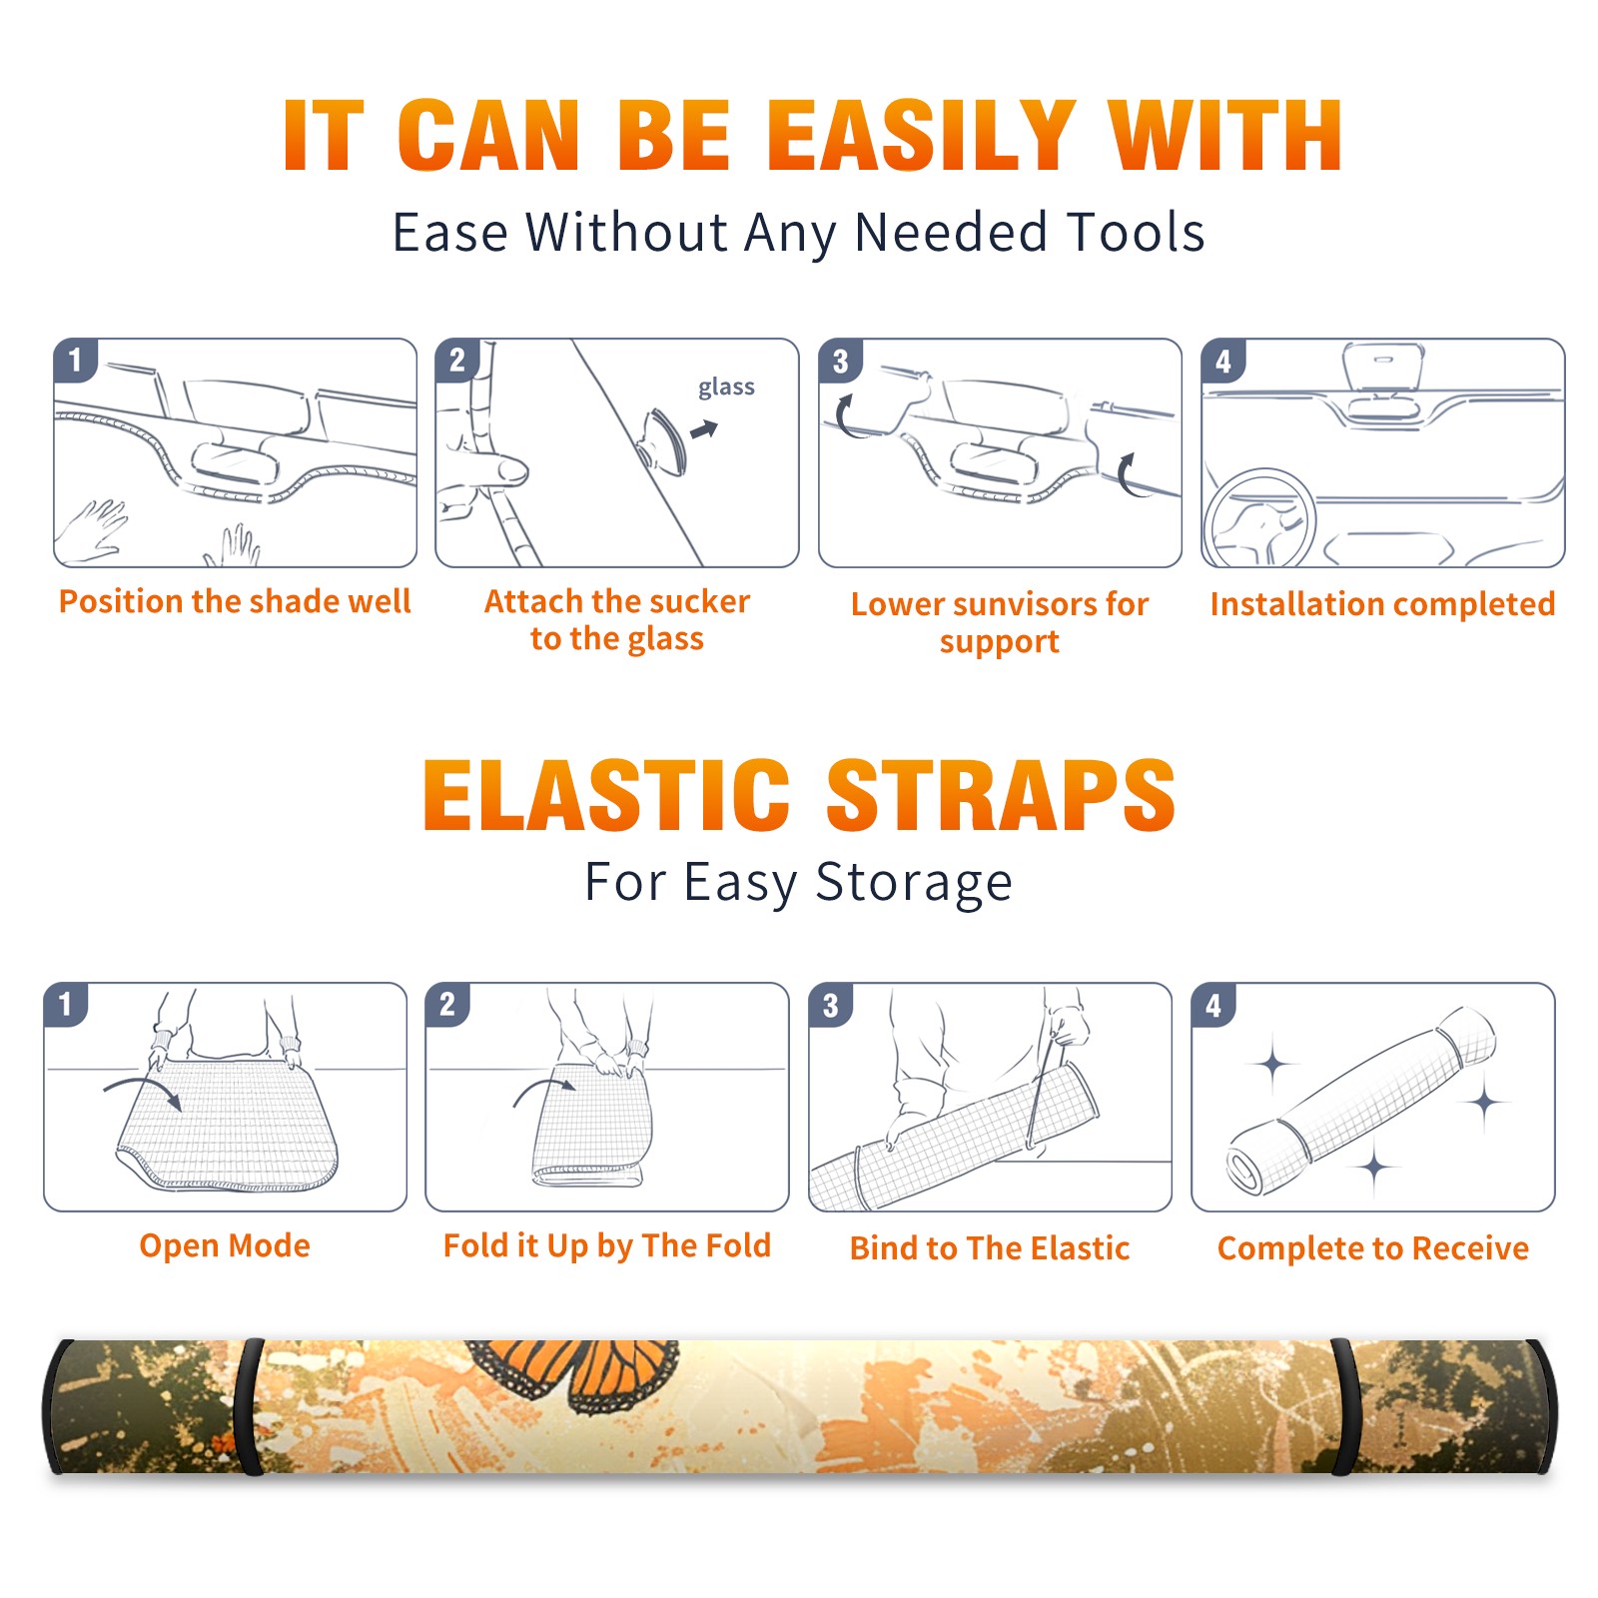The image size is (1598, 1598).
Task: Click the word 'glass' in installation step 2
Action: [x=726, y=388]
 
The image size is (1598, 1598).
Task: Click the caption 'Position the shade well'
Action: [x=235, y=601]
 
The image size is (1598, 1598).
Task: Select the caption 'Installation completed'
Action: [x=1382, y=603]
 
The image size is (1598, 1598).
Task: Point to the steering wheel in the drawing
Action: [x=1259, y=518]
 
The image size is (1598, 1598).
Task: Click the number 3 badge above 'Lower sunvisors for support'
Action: [x=840, y=362]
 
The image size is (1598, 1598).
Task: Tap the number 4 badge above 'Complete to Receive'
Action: [x=1213, y=1005]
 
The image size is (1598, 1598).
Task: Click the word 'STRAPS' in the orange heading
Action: [x=1001, y=795]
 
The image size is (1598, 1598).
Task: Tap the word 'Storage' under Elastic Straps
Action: [x=914, y=883]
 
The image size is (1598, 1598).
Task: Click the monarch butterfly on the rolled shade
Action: [x=574, y=1375]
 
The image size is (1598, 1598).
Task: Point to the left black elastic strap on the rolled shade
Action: [x=249, y=1406]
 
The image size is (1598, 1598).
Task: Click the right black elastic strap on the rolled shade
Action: [x=1345, y=1406]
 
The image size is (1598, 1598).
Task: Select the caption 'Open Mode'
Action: [x=225, y=1245]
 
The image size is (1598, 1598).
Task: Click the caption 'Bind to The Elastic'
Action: [x=990, y=1247]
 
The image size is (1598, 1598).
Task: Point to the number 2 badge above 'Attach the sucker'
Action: [x=457, y=361]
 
